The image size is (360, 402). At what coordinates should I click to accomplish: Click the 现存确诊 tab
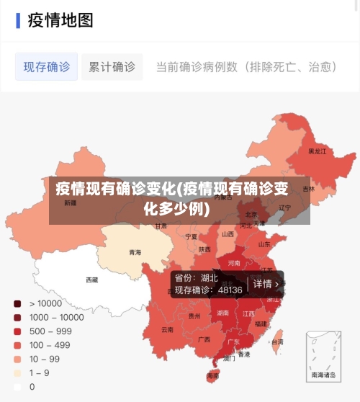pyautogui.click(x=47, y=67)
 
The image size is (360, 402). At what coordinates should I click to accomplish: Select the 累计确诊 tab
pyautogui.click(x=112, y=67)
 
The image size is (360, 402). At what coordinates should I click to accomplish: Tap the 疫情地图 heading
pyautogui.click(x=60, y=19)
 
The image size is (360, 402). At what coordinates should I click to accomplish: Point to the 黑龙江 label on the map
pyautogui.click(x=317, y=152)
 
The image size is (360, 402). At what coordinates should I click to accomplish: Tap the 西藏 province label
pyautogui.click(x=92, y=280)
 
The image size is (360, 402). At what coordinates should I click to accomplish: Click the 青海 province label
pyautogui.click(x=135, y=252)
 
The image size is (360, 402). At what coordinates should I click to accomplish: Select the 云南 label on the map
pyautogui.click(x=167, y=329)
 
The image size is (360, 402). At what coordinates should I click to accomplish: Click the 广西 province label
pyautogui.click(x=204, y=339)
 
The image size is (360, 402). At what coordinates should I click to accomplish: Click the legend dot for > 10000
pyautogui.click(x=17, y=303)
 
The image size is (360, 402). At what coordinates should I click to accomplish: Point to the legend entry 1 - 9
pyautogui.click(x=39, y=372)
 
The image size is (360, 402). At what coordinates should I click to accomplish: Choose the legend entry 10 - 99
pyautogui.click(x=44, y=359)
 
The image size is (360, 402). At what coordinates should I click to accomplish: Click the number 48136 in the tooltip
pyautogui.click(x=230, y=290)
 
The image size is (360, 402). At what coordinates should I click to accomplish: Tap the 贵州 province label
pyautogui.click(x=194, y=316)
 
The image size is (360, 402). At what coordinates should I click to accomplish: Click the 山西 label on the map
pyautogui.click(x=228, y=234)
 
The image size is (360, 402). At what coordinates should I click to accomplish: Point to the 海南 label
pyautogui.click(x=212, y=376)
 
